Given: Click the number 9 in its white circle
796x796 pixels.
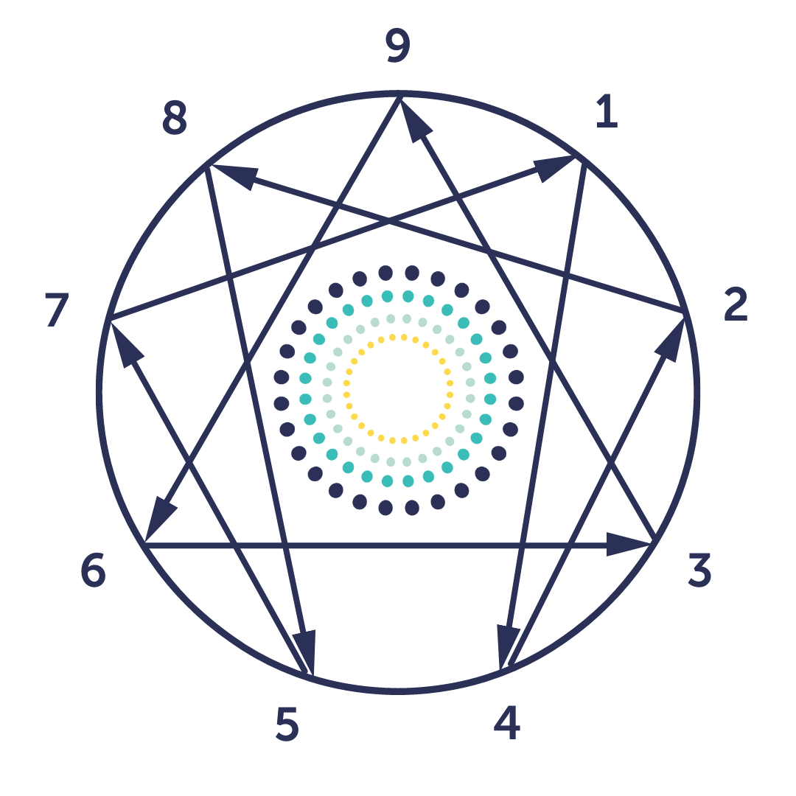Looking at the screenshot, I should click(x=398, y=46).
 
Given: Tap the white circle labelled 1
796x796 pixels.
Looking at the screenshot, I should click(x=607, y=114).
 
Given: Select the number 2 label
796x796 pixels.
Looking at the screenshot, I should click(x=735, y=306).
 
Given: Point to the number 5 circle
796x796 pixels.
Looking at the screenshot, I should click(x=287, y=725).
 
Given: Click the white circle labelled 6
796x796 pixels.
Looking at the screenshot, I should click(x=95, y=570).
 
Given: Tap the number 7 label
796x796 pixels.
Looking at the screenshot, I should click(x=57, y=310).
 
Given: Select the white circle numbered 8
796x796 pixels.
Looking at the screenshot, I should click(x=176, y=117).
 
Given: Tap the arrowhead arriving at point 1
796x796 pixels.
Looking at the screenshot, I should click(x=552, y=169).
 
